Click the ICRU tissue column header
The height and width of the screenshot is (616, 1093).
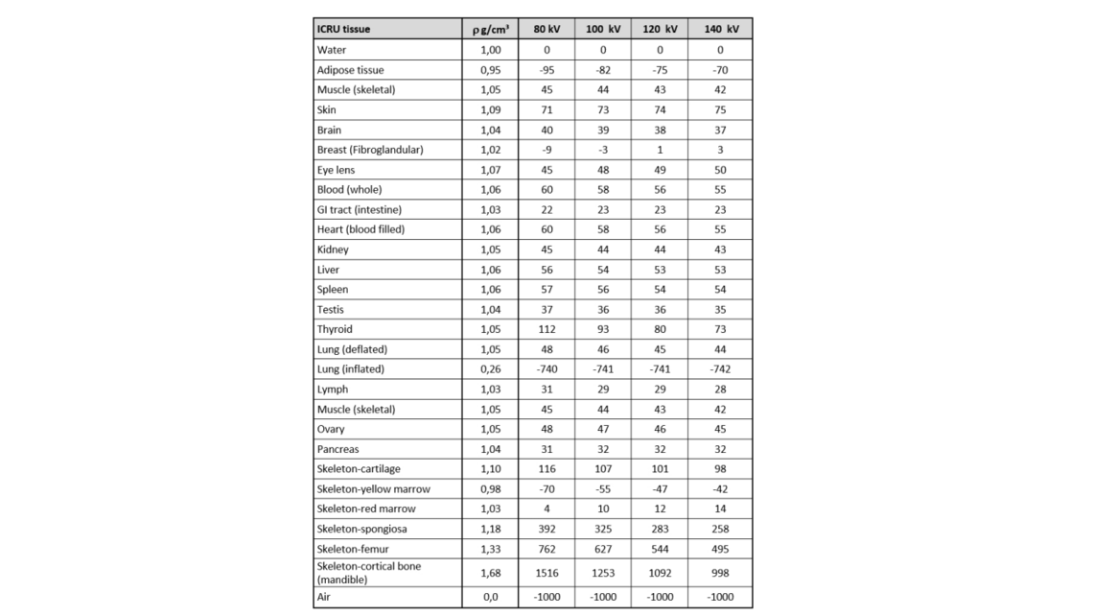click(x=343, y=29)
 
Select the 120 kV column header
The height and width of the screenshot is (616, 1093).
click(x=660, y=29)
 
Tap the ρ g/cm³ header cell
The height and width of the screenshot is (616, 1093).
click(x=490, y=29)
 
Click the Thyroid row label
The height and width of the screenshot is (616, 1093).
click(x=335, y=329)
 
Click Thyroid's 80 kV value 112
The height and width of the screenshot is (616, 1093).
click(x=546, y=329)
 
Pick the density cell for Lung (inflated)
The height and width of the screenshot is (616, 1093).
click(x=490, y=369)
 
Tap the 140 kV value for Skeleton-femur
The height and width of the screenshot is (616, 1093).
click(x=720, y=549)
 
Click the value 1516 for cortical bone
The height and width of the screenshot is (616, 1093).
click(x=546, y=572)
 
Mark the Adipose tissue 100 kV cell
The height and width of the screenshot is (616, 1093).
click(x=603, y=70)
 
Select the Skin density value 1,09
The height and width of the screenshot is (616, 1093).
click(x=490, y=109)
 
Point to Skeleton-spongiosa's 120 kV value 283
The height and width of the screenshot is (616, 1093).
click(x=660, y=529)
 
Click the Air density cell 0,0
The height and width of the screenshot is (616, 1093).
click(x=490, y=597)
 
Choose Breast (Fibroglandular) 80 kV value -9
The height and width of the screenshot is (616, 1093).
click(x=546, y=150)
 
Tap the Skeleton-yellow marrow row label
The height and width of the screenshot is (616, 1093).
click(x=373, y=489)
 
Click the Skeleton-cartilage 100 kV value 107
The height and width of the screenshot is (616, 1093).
click(x=603, y=469)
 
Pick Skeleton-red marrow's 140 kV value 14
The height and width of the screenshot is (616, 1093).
click(x=720, y=509)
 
